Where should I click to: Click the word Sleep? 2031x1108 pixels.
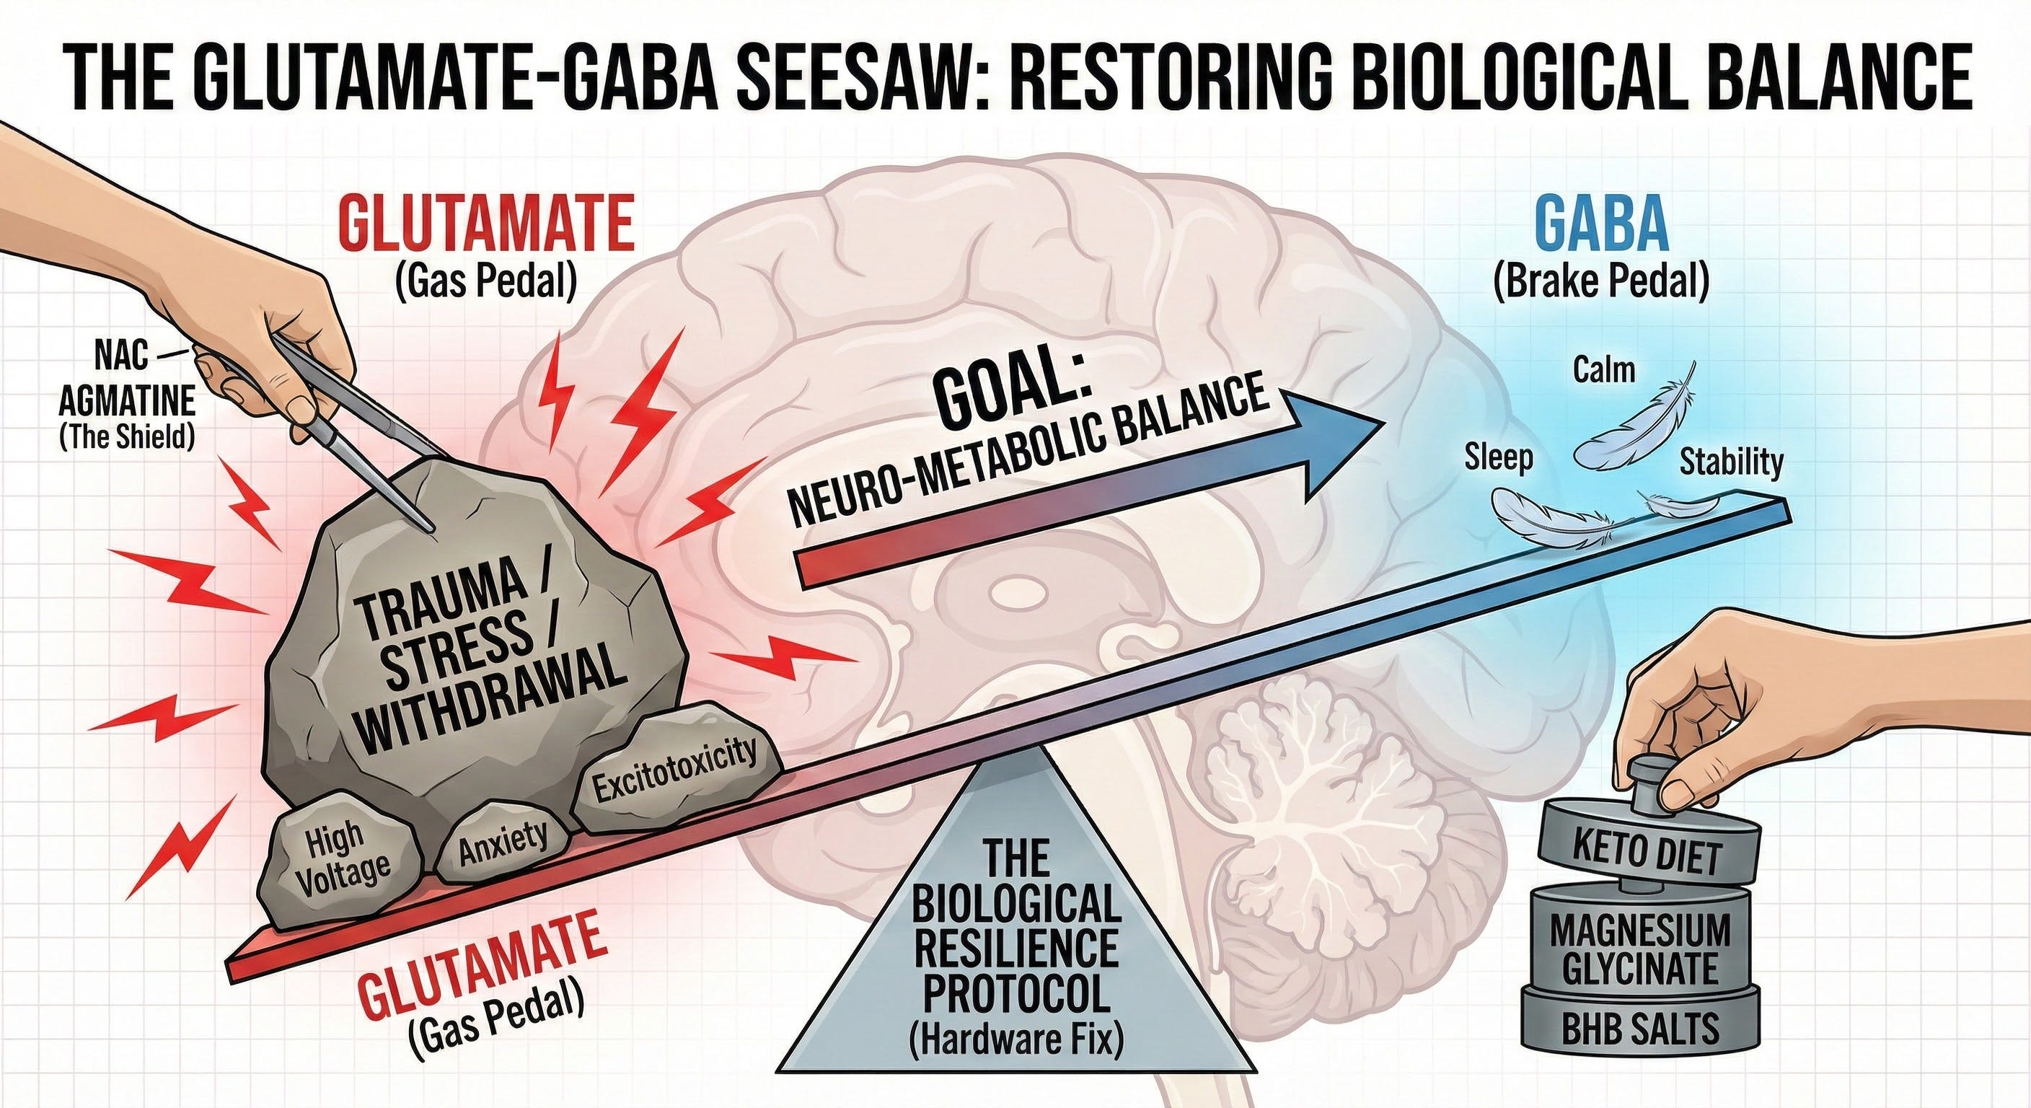tap(1499, 457)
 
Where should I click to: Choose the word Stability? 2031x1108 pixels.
tap(1731, 462)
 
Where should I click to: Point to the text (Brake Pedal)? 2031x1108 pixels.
tap(1601, 281)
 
